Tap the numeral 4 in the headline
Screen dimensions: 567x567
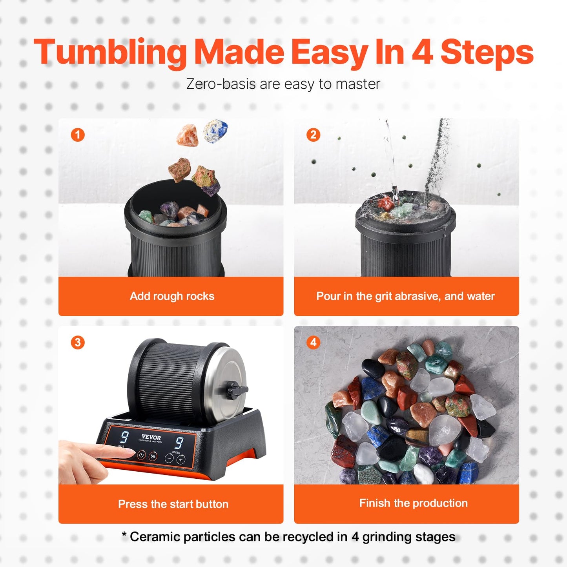[x=423, y=52]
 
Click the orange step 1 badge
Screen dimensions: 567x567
[x=78, y=135]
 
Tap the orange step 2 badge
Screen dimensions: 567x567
[x=313, y=135]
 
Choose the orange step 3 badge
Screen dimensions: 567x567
[x=78, y=342]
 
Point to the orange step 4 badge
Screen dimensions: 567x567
[x=313, y=342]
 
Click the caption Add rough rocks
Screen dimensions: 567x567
[x=172, y=296]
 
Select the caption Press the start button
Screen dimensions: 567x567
[x=173, y=504]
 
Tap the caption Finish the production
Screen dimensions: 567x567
[x=413, y=503]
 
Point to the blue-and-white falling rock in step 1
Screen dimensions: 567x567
[x=215, y=131]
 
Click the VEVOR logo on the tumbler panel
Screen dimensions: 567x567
[x=151, y=437]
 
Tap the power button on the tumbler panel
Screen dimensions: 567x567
[x=142, y=455]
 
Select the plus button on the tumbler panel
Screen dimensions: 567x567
[x=180, y=459]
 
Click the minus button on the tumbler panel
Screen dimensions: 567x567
[x=169, y=458]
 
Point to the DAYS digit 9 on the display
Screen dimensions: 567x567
[x=124, y=437]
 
